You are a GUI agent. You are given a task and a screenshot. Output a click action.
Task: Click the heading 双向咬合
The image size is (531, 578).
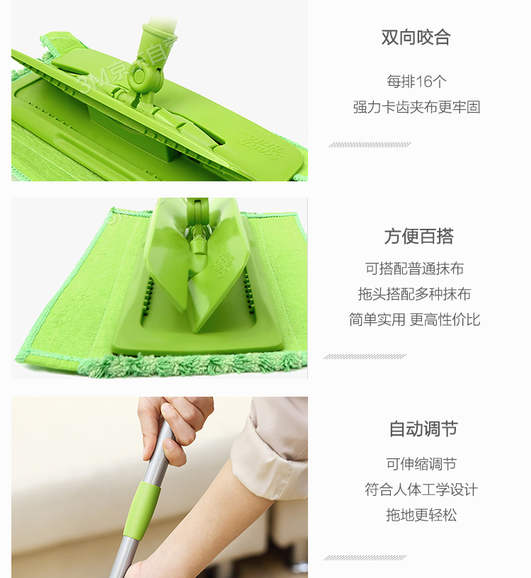416,38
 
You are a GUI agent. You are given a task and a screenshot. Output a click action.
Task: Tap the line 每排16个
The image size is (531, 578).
416,81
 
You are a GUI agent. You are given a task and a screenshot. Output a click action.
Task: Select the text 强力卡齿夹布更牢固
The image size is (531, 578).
416,107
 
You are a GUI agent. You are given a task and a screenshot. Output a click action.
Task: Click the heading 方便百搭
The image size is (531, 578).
418,237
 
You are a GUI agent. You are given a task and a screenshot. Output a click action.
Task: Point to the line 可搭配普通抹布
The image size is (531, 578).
415,268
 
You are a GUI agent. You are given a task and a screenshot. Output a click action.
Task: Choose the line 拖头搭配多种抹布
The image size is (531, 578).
415,294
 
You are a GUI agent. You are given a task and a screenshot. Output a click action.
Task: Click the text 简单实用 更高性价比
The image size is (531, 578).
415,319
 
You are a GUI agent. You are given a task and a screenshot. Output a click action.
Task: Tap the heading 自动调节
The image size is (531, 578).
423,429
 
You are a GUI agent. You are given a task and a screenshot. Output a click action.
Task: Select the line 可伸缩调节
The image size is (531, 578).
421,464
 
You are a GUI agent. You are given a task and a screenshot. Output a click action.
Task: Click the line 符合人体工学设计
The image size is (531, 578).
421,489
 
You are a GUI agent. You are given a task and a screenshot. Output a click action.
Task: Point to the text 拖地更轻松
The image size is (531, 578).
421,515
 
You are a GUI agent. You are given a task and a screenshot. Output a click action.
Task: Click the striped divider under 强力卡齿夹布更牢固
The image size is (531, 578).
370,145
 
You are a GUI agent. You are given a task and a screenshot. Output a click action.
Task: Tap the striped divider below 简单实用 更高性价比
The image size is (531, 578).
365,356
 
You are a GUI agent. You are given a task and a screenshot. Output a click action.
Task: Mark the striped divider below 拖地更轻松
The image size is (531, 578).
365,557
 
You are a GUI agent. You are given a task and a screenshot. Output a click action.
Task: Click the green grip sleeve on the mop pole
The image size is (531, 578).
142,509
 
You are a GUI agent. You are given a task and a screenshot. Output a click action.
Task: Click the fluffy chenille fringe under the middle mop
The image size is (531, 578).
192,364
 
